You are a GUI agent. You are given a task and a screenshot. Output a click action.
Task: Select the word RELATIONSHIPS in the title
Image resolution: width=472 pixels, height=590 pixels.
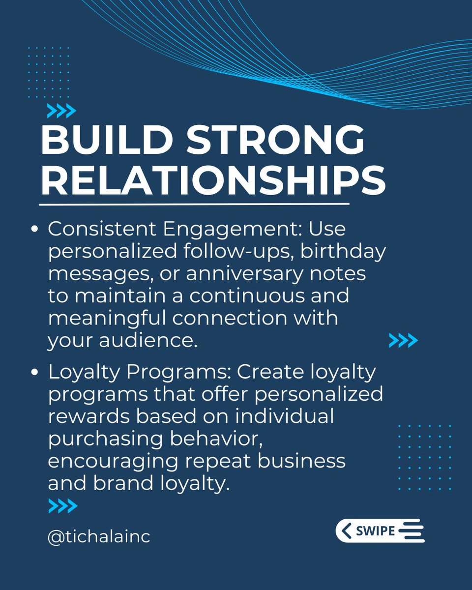point(213,180)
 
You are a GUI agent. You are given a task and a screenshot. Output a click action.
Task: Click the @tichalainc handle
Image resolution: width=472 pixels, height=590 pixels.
point(99,536)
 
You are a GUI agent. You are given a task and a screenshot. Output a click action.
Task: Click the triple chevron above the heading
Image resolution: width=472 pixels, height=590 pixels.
point(61,112)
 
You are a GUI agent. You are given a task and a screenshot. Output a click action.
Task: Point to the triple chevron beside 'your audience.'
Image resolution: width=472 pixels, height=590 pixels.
point(403,340)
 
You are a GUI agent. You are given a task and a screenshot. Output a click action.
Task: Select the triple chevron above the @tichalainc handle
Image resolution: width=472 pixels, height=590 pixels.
point(63,505)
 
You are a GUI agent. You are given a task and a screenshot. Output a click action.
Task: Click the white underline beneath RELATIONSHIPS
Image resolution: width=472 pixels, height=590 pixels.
point(194,204)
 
